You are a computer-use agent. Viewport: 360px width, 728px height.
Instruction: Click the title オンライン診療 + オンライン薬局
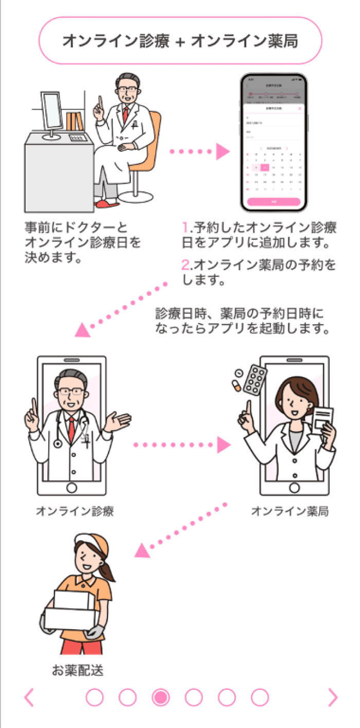point(180,41)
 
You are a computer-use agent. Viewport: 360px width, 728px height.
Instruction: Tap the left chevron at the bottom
point(29,698)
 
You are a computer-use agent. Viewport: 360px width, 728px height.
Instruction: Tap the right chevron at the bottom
point(333,698)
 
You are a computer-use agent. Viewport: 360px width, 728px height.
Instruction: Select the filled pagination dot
point(160,698)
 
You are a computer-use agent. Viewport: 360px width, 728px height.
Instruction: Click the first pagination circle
point(95,698)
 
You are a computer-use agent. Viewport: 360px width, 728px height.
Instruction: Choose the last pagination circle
point(260,698)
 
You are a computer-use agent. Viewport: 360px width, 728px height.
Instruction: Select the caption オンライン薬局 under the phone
point(290,511)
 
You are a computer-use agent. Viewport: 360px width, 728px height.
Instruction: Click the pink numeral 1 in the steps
point(186,227)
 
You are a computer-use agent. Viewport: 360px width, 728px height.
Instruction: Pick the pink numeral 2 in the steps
point(186,265)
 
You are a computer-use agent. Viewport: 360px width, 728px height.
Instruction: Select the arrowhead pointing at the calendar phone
point(223,151)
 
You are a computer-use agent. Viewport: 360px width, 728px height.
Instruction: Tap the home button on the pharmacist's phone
point(294,487)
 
